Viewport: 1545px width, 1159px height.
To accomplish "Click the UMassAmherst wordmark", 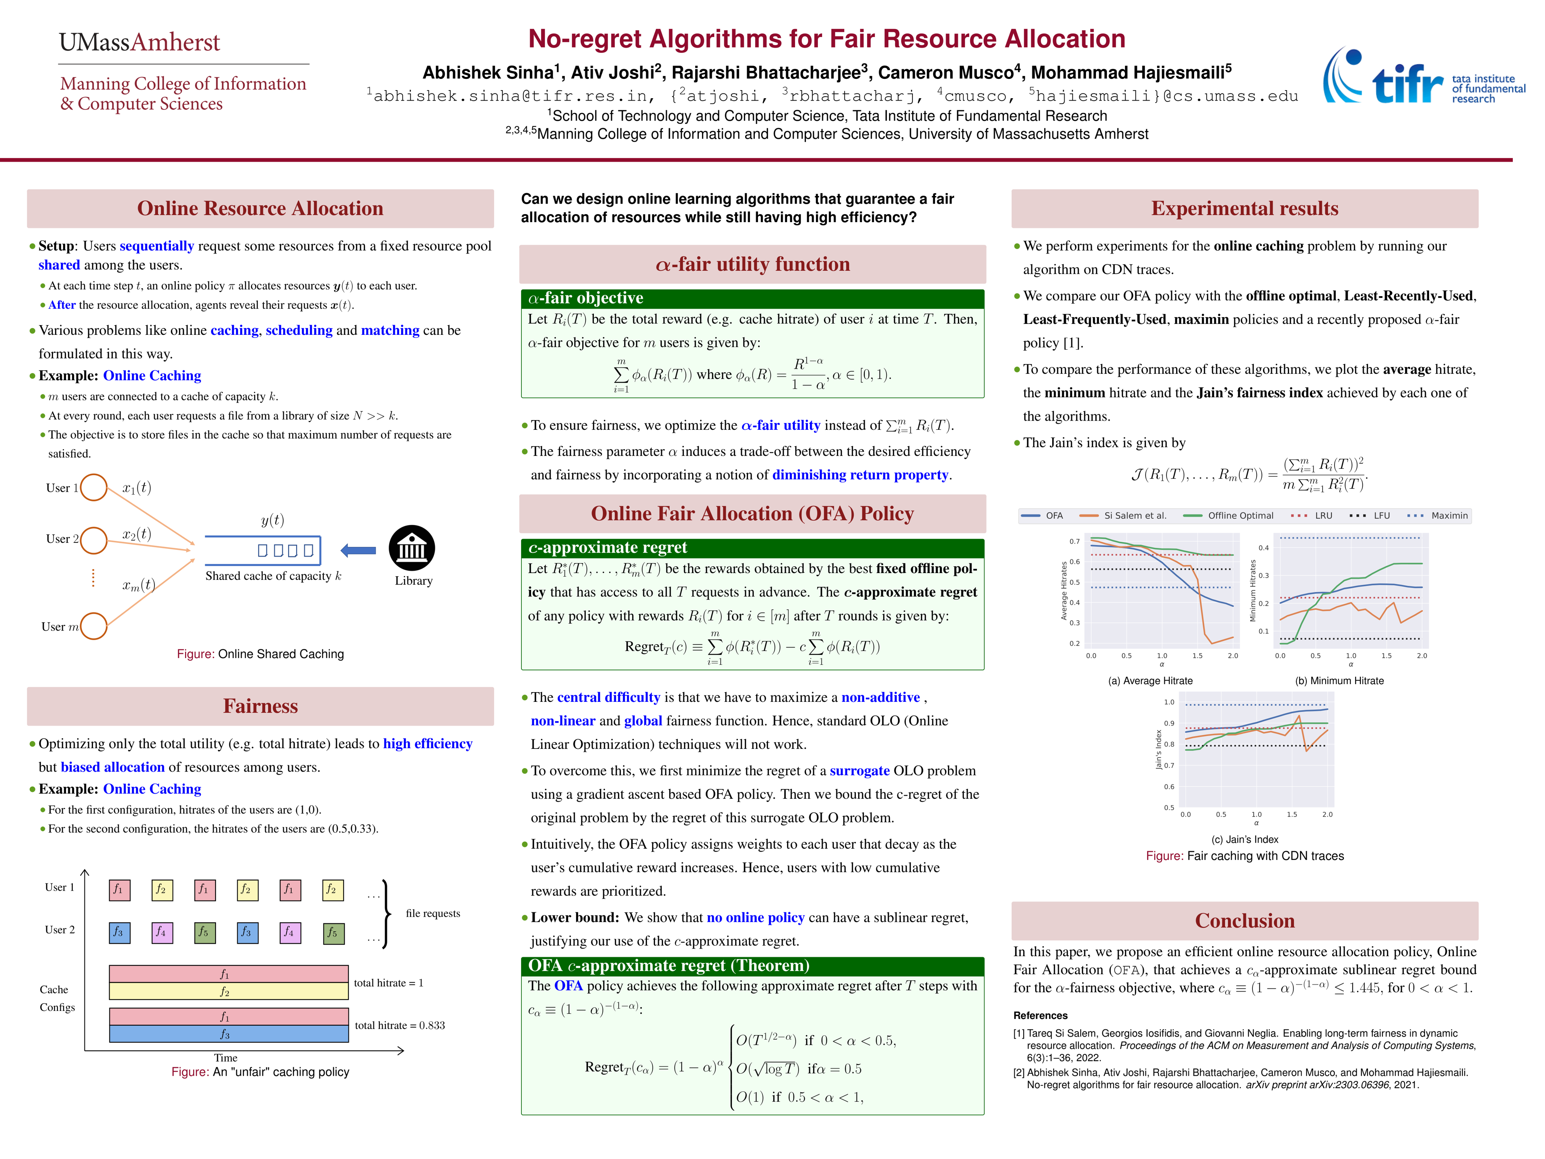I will coord(139,43).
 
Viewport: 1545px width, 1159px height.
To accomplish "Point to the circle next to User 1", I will coord(94,488).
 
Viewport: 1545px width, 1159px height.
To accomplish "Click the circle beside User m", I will coord(94,626).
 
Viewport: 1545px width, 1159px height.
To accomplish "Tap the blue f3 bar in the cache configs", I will coord(229,1034).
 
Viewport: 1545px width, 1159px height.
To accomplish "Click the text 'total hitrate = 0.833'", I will coord(400,1025).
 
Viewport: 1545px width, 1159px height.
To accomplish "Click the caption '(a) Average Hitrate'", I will coord(1150,681).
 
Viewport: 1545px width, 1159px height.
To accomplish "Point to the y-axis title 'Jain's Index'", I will coord(1159,750).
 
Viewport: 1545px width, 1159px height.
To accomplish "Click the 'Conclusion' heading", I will coord(1245,921).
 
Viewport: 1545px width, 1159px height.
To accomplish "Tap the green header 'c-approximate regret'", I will coord(607,548).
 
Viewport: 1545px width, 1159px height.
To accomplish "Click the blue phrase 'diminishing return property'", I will coord(861,475).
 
